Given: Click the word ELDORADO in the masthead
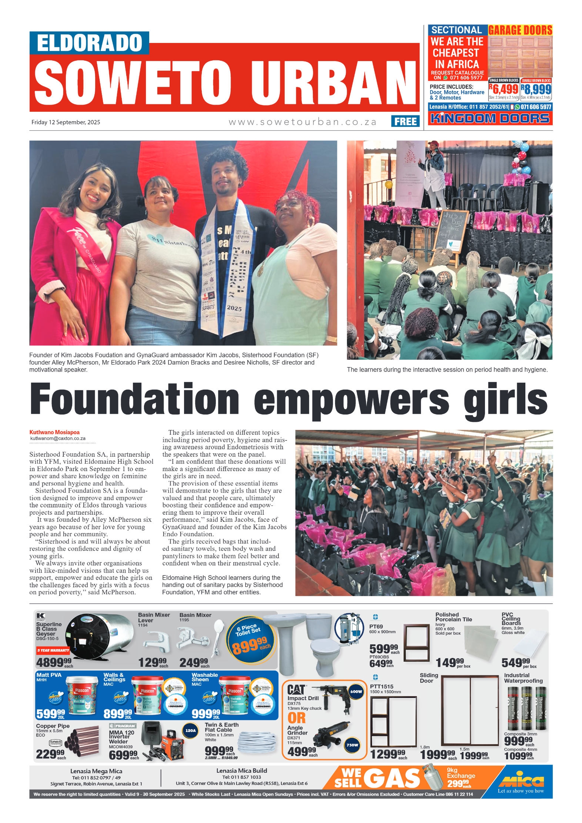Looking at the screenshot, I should click(x=89, y=43).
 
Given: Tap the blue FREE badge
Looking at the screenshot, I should click(x=405, y=121).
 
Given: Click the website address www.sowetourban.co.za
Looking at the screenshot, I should click(x=302, y=122).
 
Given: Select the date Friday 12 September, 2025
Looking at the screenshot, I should click(x=66, y=122).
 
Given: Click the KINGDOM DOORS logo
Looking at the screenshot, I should click(x=490, y=118).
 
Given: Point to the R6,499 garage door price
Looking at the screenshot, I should click(x=504, y=89).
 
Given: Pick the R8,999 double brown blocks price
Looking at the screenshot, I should click(x=536, y=89).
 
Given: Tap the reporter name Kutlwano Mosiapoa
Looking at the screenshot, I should click(x=54, y=432).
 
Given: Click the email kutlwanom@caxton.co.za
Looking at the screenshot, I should click(x=58, y=439).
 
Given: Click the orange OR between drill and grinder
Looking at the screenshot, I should click(x=297, y=718).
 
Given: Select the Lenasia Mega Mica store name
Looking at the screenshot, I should click(x=96, y=771).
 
